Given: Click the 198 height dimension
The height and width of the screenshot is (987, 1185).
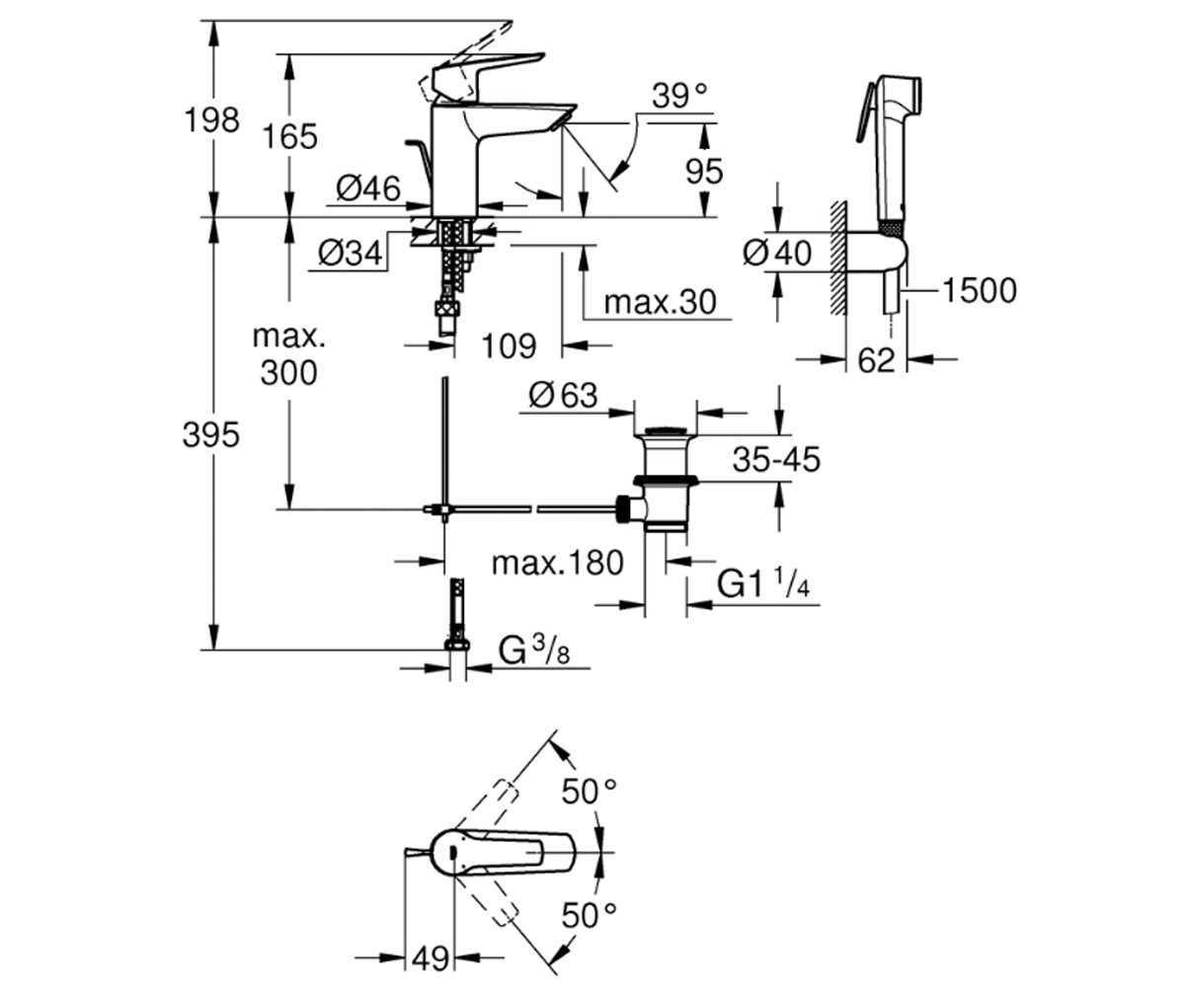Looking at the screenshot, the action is (x=212, y=120).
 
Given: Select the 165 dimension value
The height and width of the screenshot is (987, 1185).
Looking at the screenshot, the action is (x=289, y=137).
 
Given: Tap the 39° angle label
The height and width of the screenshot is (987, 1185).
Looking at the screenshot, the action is (x=680, y=96).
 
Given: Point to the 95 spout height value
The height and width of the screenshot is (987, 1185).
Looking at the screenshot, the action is (x=704, y=171).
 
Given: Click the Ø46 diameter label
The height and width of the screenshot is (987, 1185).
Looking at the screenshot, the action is (x=368, y=188).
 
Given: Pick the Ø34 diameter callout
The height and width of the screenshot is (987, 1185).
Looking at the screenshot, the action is (x=351, y=253).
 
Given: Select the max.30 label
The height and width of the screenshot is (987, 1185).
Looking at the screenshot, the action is (x=660, y=302).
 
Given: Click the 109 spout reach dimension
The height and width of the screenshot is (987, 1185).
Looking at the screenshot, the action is (x=509, y=346).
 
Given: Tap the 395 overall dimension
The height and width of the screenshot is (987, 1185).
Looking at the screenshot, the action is (x=211, y=435).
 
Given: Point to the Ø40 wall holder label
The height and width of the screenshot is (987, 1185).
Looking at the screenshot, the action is (x=777, y=253).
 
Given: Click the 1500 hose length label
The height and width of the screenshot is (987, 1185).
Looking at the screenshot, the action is (x=980, y=291).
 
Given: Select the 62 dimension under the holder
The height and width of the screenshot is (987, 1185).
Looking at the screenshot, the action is (x=876, y=360).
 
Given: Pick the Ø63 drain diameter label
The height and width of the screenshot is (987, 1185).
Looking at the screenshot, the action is (x=563, y=396).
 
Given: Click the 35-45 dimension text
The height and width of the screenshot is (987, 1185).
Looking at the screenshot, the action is (x=776, y=460).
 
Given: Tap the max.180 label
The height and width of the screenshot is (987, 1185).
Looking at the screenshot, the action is (x=557, y=564).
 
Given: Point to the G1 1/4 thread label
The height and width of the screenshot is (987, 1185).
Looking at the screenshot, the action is (x=763, y=583).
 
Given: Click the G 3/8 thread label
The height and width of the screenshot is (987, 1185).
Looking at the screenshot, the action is (x=534, y=650).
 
